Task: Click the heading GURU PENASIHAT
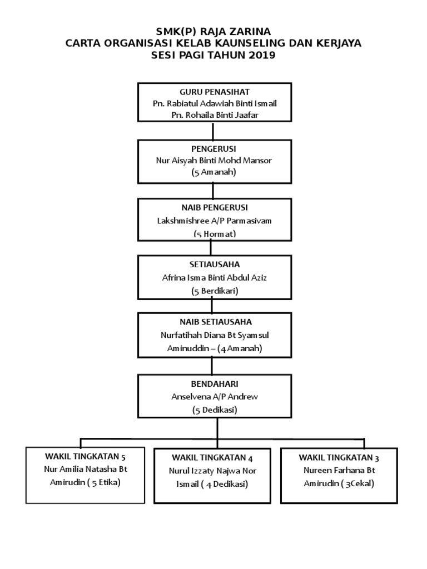click(214, 92)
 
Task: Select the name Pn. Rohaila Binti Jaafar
click(215, 115)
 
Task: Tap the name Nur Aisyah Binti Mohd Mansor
click(214, 161)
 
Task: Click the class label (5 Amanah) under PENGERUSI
click(214, 172)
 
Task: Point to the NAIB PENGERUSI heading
click(215, 208)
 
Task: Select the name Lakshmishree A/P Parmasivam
click(214, 221)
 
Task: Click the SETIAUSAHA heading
click(215, 264)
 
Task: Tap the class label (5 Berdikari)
click(215, 291)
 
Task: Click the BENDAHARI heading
click(215, 384)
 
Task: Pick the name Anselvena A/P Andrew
click(215, 397)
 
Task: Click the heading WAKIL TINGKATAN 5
click(85, 457)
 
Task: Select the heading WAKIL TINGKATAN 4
click(212, 458)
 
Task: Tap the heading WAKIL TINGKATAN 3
click(339, 458)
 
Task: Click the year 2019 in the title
click(262, 55)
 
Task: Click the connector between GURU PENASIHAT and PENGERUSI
click(213, 131)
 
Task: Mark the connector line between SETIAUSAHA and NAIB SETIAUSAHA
click(212, 307)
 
